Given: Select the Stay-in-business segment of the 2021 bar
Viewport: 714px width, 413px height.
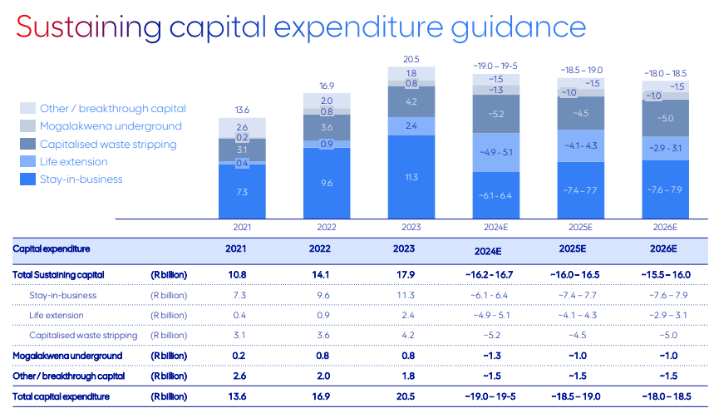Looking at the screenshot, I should (x=242, y=191).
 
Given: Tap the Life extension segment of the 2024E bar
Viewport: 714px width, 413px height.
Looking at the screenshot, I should (x=495, y=152).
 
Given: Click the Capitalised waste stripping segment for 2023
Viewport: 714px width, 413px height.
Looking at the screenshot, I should (x=411, y=101).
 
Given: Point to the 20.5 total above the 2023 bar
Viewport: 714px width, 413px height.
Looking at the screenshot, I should (x=411, y=59).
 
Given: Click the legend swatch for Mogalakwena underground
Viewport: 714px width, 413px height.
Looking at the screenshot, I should (x=27, y=126).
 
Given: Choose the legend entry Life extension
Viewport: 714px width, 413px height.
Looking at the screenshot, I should (x=74, y=161).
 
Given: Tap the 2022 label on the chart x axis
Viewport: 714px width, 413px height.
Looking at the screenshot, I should (x=327, y=226).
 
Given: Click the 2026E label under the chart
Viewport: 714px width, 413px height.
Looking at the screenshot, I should (x=665, y=226).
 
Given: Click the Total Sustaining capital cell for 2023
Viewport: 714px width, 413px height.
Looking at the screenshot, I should (x=411, y=274).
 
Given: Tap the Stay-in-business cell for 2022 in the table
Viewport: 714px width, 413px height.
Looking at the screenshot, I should (x=327, y=295).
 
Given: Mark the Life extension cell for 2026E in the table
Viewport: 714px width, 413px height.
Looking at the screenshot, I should (x=665, y=315).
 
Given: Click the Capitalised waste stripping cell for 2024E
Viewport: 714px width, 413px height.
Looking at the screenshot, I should (x=495, y=335).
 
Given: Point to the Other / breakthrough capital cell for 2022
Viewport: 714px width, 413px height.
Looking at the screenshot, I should (x=327, y=376).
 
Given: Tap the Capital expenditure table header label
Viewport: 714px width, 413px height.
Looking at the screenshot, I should (x=51, y=248).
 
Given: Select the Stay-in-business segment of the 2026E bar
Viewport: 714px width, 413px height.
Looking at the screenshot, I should (x=665, y=189).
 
